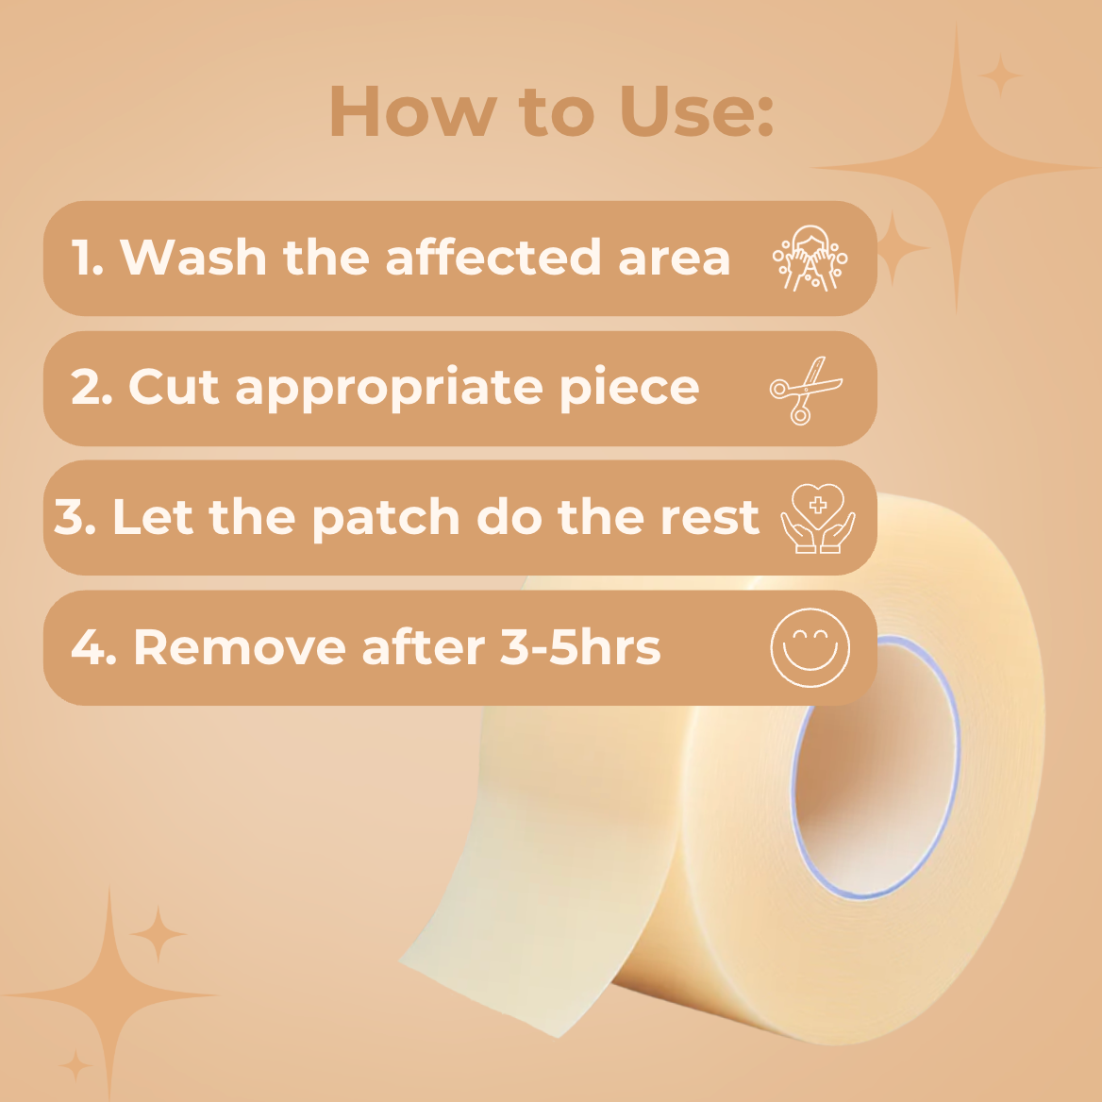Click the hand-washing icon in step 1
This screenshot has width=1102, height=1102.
[810, 258]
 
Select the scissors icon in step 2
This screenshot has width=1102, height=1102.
[805, 389]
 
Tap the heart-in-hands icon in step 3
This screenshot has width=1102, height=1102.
[817, 518]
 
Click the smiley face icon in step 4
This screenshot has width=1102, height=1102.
[810, 648]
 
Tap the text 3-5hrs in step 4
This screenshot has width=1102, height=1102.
[579, 647]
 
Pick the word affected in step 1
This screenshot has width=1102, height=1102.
[493, 257]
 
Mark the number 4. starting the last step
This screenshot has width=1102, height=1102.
[92, 647]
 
